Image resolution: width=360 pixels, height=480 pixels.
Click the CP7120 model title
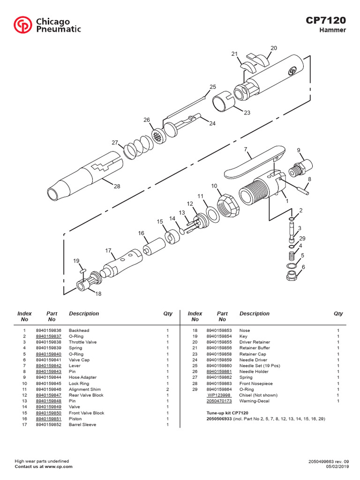point(326,20)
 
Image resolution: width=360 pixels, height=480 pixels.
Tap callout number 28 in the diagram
point(117,186)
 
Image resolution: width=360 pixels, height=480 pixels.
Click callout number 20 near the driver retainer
point(274,48)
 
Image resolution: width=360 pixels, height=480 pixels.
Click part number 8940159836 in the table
point(48,330)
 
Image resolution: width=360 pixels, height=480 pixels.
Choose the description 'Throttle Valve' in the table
point(83,342)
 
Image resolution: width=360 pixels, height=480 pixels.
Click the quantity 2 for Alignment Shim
point(167,390)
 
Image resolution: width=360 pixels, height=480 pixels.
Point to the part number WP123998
point(219,395)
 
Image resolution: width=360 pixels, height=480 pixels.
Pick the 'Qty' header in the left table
point(167,314)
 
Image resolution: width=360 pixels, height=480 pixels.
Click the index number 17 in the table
point(24,425)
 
